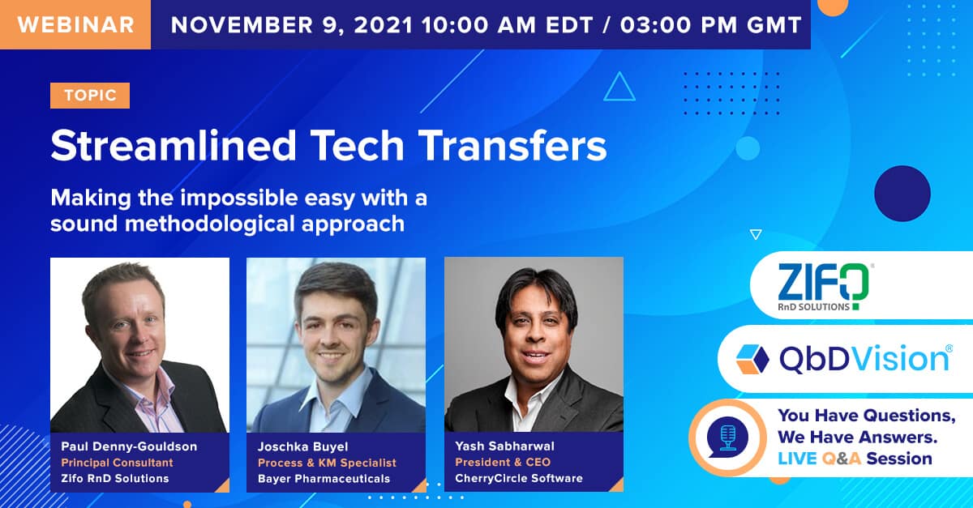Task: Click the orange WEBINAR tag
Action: [x=75, y=23]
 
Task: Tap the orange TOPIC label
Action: [x=90, y=96]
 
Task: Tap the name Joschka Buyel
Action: [x=303, y=446]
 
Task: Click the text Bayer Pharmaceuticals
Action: [x=324, y=478]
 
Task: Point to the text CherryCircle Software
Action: [x=519, y=478]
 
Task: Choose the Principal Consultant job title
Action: [x=117, y=463]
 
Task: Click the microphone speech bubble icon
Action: [x=724, y=438]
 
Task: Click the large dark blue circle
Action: [x=901, y=194]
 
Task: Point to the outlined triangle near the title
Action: [x=619, y=88]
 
